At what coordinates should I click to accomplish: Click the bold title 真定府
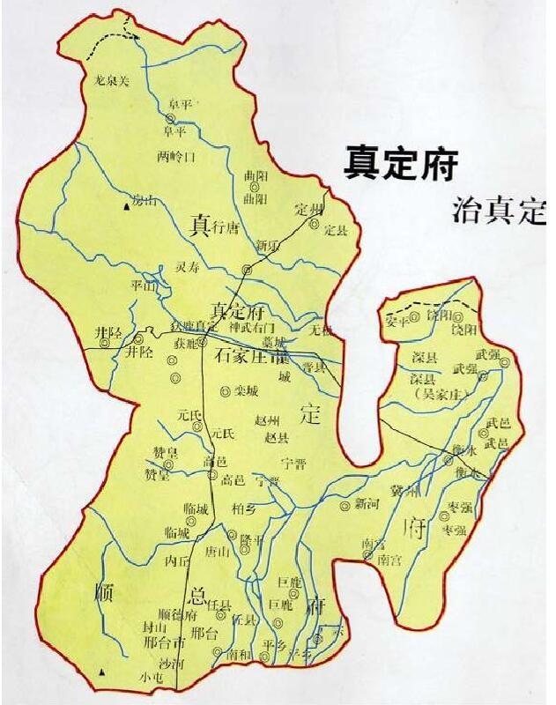(x=401, y=162)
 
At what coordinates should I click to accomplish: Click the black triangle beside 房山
(x=125, y=206)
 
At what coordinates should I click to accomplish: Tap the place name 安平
(x=398, y=322)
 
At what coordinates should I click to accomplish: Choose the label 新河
(x=366, y=505)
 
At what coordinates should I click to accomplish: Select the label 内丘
(x=177, y=560)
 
